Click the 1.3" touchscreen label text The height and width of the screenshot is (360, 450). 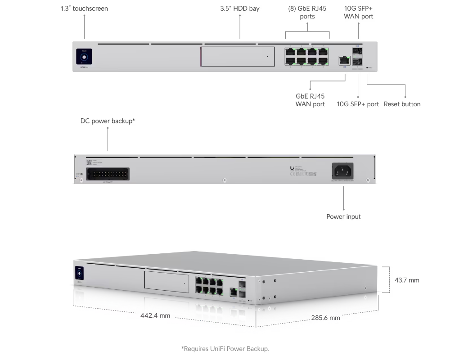tap(84, 9)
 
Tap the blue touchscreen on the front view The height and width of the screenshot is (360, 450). tap(84, 57)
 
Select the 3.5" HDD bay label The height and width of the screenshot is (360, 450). tap(239, 9)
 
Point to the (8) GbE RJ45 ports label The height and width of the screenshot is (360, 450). tap(307, 13)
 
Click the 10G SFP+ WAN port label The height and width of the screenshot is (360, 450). tap(358, 13)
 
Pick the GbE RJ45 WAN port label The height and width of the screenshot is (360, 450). tap(310, 100)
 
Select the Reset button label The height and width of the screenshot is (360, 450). tap(402, 104)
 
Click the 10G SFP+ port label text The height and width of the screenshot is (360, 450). tap(358, 104)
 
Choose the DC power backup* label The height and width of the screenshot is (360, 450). tap(108, 121)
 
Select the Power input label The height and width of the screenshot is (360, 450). tap(343, 216)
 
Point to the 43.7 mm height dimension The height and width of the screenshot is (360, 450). tap(407, 280)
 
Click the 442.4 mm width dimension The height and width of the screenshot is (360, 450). tap(155, 315)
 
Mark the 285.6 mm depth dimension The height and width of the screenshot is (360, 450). tap(326, 318)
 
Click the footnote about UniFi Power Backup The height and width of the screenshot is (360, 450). tap(225, 348)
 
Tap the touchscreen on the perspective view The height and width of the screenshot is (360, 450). tap(80, 273)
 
